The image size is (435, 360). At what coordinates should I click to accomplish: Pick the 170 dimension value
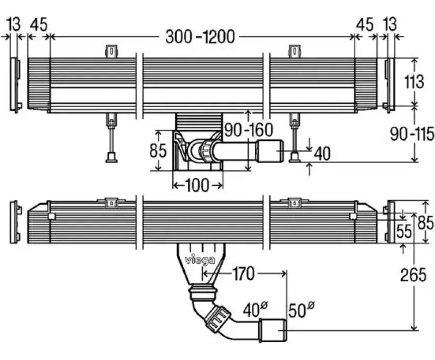[242, 274]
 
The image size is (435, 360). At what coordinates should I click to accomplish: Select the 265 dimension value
[414, 275]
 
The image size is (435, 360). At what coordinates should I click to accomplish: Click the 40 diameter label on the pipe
[251, 309]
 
